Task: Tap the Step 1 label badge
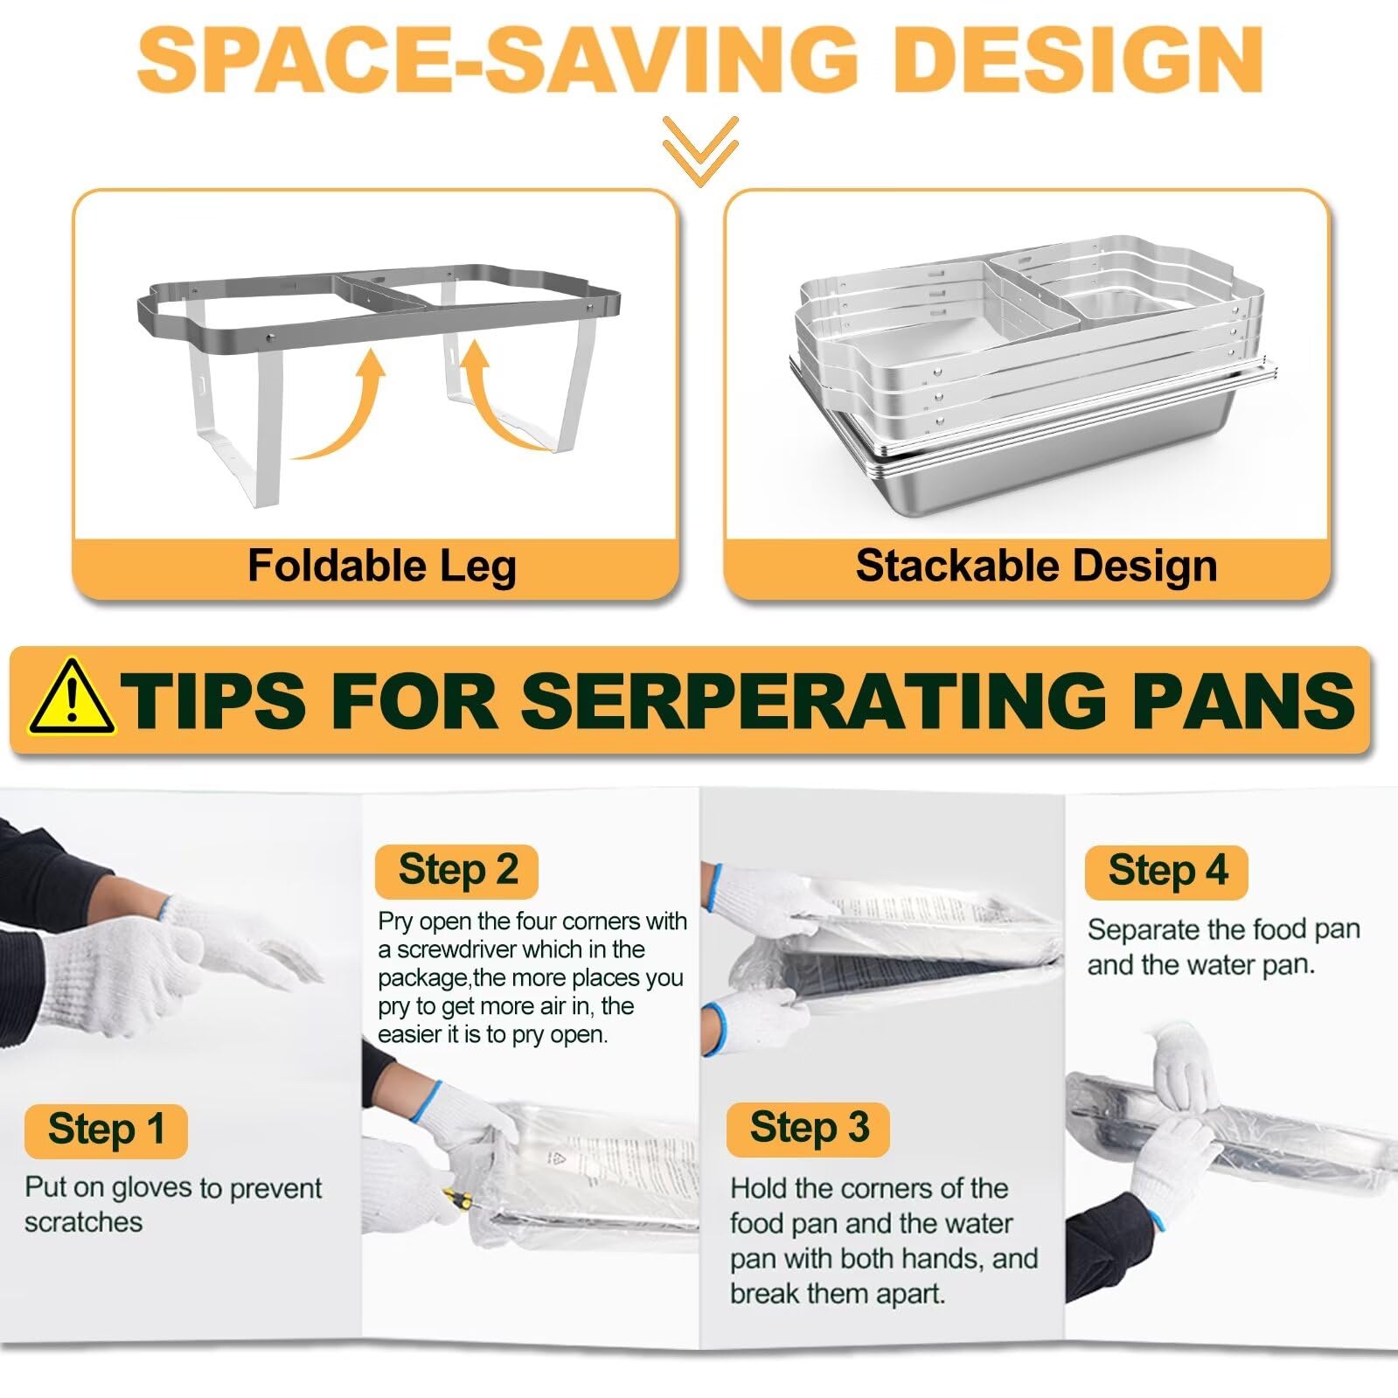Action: (x=106, y=1130)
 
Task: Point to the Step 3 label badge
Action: (x=809, y=1129)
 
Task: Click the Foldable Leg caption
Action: (x=382, y=566)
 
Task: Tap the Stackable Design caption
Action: (x=1036, y=566)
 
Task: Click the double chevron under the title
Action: (x=700, y=150)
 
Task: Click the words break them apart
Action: (x=838, y=1294)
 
